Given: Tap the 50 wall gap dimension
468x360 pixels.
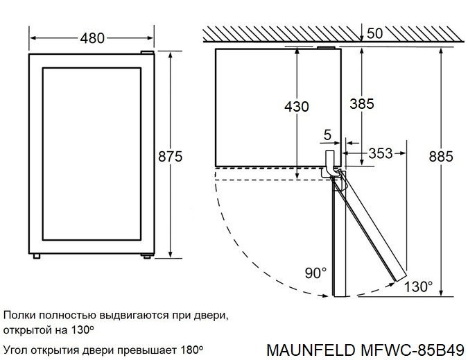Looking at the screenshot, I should (375, 33).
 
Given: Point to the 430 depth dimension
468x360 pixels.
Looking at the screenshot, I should (297, 107).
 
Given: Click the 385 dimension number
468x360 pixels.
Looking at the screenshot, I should (361, 104).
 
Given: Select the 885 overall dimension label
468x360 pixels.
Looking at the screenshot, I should (441, 157).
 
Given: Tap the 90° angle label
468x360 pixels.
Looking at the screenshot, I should (315, 273).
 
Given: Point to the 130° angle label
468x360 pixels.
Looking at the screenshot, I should (419, 286).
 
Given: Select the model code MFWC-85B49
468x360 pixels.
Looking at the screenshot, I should (414, 345).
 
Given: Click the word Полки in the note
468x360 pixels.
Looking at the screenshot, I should (21, 315).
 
